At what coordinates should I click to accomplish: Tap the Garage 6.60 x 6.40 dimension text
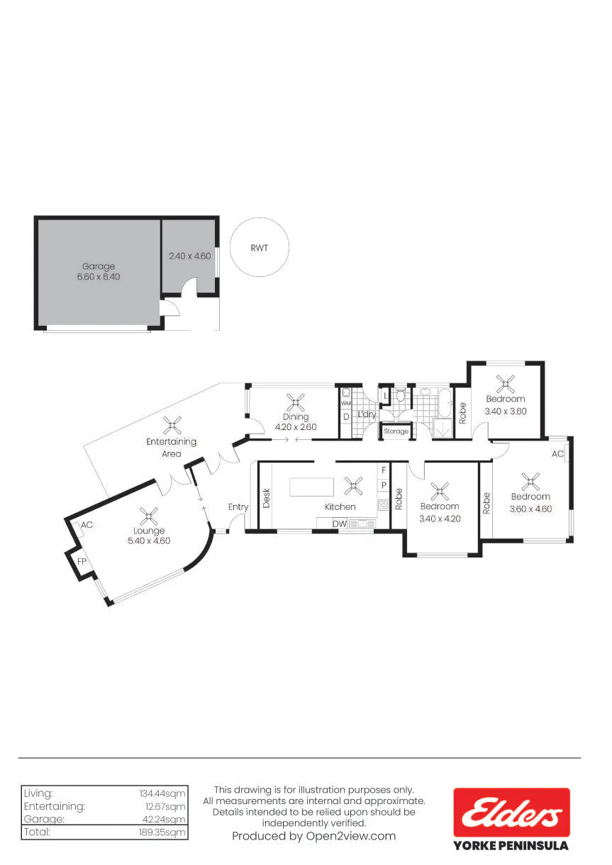[x=99, y=276]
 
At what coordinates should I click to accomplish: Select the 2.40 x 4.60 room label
[x=190, y=256]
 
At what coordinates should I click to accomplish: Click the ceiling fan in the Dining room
[x=296, y=402]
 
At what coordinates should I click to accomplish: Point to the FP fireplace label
[x=82, y=561]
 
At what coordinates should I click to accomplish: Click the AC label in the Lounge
[x=87, y=525]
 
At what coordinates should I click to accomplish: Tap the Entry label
[x=238, y=507]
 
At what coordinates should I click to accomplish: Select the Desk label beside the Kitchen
[x=266, y=498]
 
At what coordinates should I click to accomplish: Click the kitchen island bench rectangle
[x=311, y=487]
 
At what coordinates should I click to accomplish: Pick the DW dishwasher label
[x=340, y=524]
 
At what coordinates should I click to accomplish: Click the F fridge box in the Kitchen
[x=384, y=470]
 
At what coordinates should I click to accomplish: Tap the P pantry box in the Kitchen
[x=384, y=485]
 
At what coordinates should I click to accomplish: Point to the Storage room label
[x=396, y=431]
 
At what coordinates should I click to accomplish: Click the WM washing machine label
[x=346, y=403]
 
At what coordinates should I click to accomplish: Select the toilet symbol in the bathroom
[x=401, y=395]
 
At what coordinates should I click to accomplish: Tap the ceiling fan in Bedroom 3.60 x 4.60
[x=530, y=482]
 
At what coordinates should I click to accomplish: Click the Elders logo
[x=511, y=812]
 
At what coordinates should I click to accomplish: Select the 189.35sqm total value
[x=162, y=832]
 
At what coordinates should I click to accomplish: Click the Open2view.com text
[x=351, y=836]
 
